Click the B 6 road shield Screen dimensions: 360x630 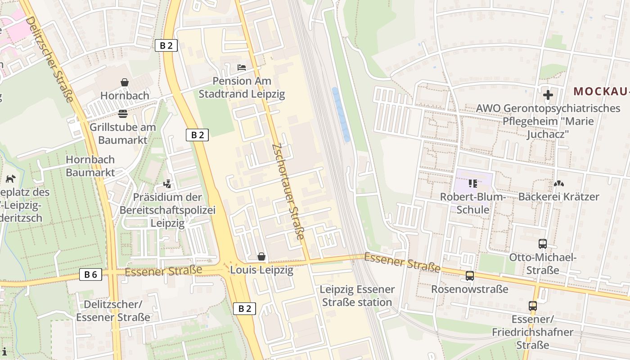[90, 274]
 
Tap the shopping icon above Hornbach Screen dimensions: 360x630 [125, 82]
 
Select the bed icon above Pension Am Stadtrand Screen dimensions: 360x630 [242, 67]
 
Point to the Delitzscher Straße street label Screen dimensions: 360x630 [49, 58]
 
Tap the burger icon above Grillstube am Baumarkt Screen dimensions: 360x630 [122, 113]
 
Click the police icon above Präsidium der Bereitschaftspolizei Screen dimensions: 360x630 [167, 184]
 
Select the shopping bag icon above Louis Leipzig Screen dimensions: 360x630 [261, 256]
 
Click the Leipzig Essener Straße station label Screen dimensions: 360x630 [357, 296]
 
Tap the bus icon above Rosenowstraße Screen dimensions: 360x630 [470, 276]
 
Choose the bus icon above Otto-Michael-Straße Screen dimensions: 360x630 [543, 244]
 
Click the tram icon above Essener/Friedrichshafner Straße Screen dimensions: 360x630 [533, 306]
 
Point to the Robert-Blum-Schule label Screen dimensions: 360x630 [473, 203]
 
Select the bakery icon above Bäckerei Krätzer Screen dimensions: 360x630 [558, 184]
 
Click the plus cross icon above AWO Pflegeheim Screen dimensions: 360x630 [548, 95]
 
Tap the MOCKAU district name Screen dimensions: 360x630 [601, 91]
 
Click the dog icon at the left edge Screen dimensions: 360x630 [10, 179]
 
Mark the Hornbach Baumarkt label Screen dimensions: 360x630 [90, 166]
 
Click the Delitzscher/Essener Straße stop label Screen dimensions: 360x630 [113, 310]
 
